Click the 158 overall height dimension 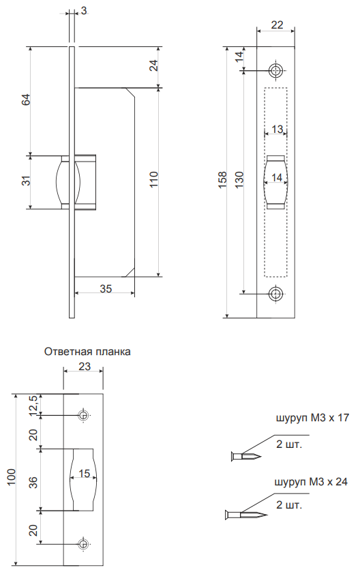tap(222, 179)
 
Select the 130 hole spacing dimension tap(239, 179)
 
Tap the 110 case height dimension tap(153, 179)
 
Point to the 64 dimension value tap(26, 100)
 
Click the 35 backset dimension tap(106, 288)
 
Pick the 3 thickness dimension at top tap(84, 11)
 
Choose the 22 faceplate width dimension tap(277, 25)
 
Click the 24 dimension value tap(154, 65)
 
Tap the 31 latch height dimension tap(26, 181)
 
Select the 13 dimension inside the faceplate tap(277, 129)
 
